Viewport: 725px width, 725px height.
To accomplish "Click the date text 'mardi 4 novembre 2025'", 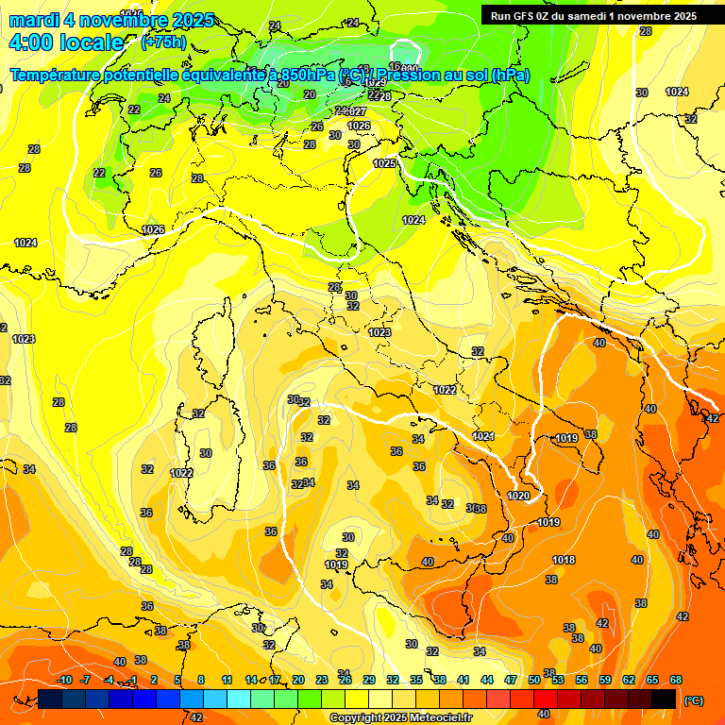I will pos(111,20).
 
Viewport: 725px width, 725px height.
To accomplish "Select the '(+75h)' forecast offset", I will pos(163,42).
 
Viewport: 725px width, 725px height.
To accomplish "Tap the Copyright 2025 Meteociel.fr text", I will pos(400,718).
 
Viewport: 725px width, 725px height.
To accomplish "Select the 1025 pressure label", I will pos(384,163).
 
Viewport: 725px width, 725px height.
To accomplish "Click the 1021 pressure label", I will pos(483,436).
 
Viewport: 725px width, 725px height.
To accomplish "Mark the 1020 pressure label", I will pos(518,496).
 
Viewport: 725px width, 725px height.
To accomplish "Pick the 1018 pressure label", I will pos(564,560).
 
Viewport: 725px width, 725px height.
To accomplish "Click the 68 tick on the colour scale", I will pos(676,680).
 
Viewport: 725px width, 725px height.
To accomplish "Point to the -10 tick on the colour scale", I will pos(64,680).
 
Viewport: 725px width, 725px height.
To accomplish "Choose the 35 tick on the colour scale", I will pos(416,680).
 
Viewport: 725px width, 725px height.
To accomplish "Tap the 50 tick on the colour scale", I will pos(534,680).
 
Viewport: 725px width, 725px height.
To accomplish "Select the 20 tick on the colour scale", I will pos(298,680).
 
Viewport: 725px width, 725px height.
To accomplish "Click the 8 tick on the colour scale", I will pos(201,680).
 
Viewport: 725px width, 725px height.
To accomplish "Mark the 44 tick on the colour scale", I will pos(487,680).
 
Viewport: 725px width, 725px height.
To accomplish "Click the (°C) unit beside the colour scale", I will pos(695,700).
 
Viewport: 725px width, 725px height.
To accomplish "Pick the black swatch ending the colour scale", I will pos(664,699).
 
